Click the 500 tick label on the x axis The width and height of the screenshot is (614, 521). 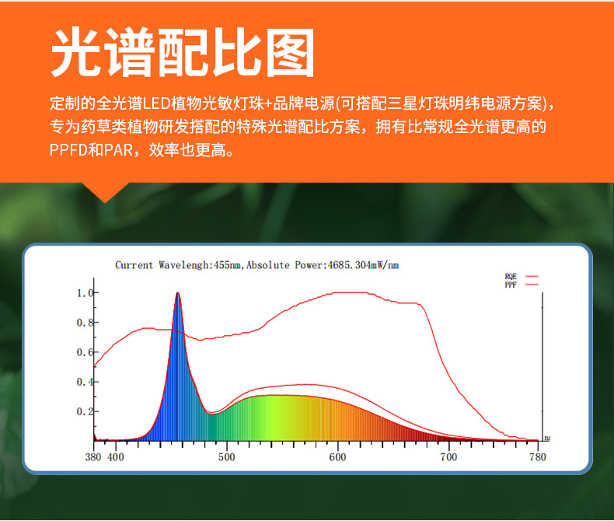(x=227, y=457)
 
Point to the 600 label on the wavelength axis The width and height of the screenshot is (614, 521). (x=337, y=457)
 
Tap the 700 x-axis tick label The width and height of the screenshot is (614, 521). (x=448, y=457)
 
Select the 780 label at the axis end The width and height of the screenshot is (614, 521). (x=538, y=457)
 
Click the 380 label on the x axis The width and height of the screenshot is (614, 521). (x=93, y=457)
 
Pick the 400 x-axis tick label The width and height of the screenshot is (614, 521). (x=116, y=457)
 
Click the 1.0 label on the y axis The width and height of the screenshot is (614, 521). (x=85, y=293)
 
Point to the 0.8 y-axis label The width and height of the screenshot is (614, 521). (x=85, y=323)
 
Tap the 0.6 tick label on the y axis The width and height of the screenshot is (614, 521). (x=85, y=352)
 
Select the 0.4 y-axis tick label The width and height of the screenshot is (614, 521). (x=85, y=382)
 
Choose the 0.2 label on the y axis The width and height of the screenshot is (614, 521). (x=85, y=411)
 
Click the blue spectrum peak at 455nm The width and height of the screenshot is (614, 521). (x=178, y=295)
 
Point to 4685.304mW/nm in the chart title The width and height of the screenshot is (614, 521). (x=364, y=265)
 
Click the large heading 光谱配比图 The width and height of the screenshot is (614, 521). (x=183, y=53)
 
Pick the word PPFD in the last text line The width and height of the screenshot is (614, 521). (x=68, y=150)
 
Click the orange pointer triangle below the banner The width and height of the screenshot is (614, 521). (x=105, y=191)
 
